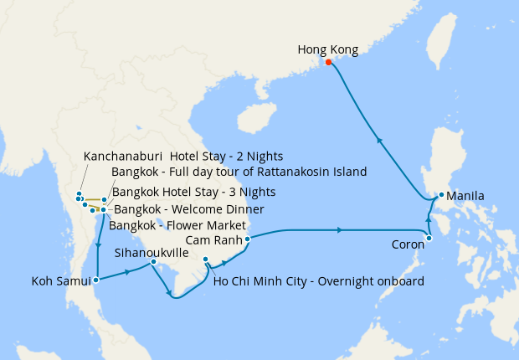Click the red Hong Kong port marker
coord(328,62)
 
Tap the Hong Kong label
coord(328,49)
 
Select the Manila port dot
coord(441,195)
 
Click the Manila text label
coord(465,197)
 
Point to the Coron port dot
coord(429,239)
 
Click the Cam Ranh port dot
coord(247,239)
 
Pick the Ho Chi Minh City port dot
coord(206,261)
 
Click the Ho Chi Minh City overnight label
coord(318,280)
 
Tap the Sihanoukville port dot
coord(153,262)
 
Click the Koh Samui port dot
coord(98,280)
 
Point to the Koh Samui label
coord(60,280)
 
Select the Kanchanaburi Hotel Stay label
coord(183,156)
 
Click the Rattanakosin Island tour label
coord(239,172)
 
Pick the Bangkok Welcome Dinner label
coord(188,208)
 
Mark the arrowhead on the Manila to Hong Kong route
coord(380,141)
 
